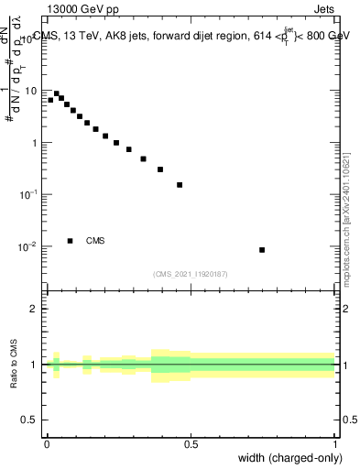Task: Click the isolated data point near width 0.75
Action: point(262,250)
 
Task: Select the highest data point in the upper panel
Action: point(56,93)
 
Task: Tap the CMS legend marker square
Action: point(70,241)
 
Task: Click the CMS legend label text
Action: point(95,241)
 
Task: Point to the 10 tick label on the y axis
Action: point(32,91)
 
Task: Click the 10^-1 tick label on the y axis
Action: point(29,194)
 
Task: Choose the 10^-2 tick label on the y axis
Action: point(29,246)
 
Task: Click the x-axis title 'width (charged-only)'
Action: point(288,458)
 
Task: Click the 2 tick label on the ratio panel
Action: point(35,309)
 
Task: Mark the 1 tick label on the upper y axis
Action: point(35,143)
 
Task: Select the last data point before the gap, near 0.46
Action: point(180,185)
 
